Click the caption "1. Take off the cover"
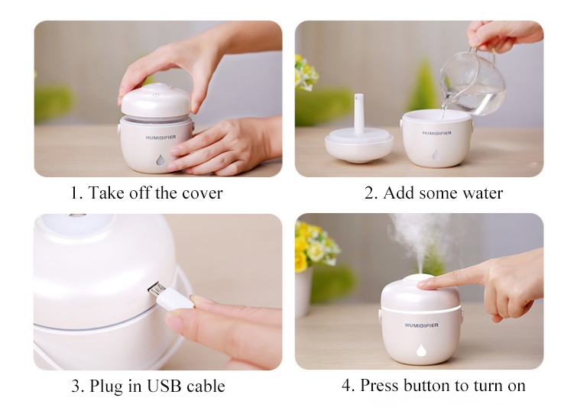[147, 193]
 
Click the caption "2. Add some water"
[433, 193]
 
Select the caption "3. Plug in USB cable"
[148, 386]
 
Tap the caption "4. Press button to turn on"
[433, 386]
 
